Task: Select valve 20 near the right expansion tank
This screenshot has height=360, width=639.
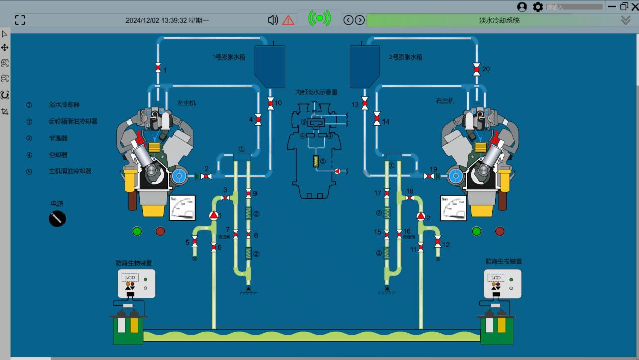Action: pyautogui.click(x=476, y=69)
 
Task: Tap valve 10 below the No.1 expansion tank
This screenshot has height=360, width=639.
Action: pyautogui.click(x=270, y=103)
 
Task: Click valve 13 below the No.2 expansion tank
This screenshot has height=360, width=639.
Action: pyautogui.click(x=364, y=104)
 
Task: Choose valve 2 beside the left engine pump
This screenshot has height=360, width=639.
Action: pyautogui.click(x=206, y=176)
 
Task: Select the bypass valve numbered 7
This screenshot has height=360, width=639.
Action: pyautogui.click(x=235, y=234)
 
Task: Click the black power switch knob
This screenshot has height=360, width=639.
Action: pyautogui.click(x=57, y=219)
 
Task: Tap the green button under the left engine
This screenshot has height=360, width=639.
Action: pyautogui.click(x=137, y=231)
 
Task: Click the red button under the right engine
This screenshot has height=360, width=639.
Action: pyautogui.click(x=500, y=231)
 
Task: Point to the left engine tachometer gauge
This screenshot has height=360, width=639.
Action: pyautogui.click(x=182, y=208)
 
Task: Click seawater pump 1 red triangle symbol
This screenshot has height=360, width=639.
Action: pyautogui.click(x=214, y=216)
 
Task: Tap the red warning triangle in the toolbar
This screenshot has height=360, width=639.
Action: pyautogui.click(x=288, y=20)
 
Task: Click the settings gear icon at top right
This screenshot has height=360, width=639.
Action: pyautogui.click(x=538, y=7)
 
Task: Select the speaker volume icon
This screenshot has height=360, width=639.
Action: pyautogui.click(x=273, y=20)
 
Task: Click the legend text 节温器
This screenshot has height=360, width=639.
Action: pyautogui.click(x=58, y=138)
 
